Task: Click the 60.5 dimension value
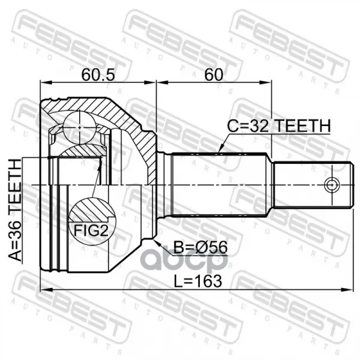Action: pos(98,75)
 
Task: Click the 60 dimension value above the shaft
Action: pos(214,75)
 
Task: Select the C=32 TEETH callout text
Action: pos(279,126)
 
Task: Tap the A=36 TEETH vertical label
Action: pos(15,210)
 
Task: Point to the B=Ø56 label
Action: pos(200,247)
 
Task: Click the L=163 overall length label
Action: pos(197,281)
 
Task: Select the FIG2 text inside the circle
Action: pos(91,230)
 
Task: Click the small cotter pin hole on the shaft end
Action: pos(332,185)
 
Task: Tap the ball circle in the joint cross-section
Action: pos(79,127)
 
